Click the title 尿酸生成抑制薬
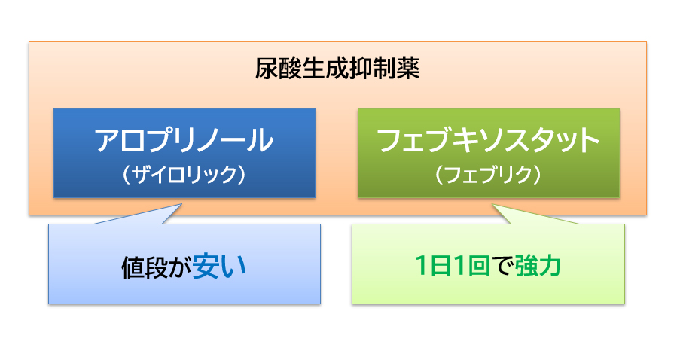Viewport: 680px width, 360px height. click(337, 69)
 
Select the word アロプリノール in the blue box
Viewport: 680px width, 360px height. click(184, 140)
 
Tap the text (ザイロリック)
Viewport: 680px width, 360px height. click(184, 175)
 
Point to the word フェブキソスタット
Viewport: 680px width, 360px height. click(488, 140)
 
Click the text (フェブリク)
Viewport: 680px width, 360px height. click(488, 175)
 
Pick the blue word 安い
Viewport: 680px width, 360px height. click(219, 267)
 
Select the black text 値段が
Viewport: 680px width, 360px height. click(156, 267)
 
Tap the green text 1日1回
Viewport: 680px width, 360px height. click(453, 265)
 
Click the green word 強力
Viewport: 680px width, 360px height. click(538, 265)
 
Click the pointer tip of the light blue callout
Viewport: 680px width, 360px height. click(181, 204)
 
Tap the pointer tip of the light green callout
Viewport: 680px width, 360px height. click(493, 204)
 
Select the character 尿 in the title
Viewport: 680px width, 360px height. click(267, 69)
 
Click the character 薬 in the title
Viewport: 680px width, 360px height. click(408, 69)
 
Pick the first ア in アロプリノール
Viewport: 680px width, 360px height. click(107, 140)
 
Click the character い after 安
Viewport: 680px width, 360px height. click(234, 267)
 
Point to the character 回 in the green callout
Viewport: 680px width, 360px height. click(478, 265)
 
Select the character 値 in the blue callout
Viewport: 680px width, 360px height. click(133, 267)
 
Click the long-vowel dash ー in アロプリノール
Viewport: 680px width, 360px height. click(236, 141)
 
